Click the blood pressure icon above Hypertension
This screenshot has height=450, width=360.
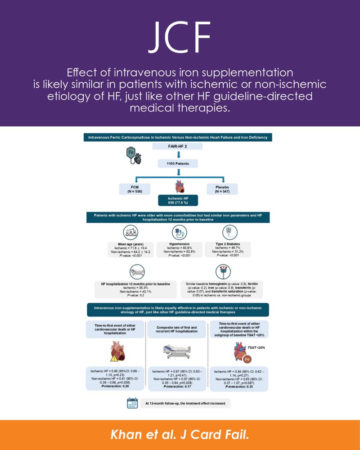point(178,233)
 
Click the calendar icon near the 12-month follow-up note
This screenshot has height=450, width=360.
point(132,403)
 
